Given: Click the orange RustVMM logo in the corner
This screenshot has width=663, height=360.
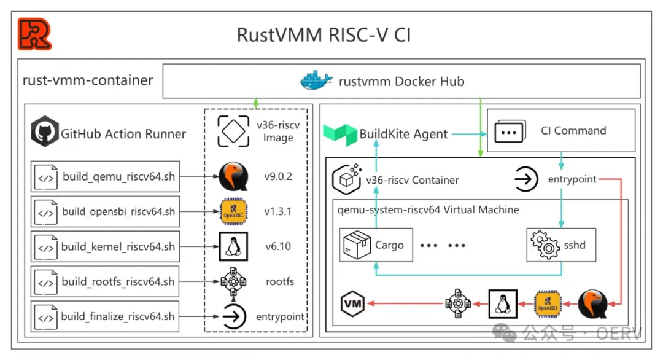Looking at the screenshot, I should pos(34,34).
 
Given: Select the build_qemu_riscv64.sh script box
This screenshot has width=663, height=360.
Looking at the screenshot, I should pos(105,177).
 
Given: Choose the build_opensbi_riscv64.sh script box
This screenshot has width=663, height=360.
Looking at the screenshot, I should pos(105,212).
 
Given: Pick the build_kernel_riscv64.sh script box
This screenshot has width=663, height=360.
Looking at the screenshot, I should pos(105,248).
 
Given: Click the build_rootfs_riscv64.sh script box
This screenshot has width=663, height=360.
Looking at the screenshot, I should pos(105,282).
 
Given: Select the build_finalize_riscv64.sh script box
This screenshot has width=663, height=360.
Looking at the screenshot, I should pos(105,317).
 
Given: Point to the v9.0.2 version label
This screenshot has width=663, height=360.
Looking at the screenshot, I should pos(278,177).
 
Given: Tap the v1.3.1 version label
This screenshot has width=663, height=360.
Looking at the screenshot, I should pos(278,212).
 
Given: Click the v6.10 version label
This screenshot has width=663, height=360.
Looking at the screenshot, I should pos(278,247).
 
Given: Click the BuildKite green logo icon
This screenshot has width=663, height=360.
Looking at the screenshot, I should pos(339,134).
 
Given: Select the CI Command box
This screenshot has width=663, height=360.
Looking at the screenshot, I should pos(560,131).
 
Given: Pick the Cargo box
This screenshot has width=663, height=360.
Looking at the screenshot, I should pos(376,245).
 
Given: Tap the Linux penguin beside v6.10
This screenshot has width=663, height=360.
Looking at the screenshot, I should pos(233,247).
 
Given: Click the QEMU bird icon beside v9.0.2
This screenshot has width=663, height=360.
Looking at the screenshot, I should pos(233,177).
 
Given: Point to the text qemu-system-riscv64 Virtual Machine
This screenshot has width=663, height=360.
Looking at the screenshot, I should pos(428,210).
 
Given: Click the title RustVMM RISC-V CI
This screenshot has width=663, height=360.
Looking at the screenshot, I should pos(324,34).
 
